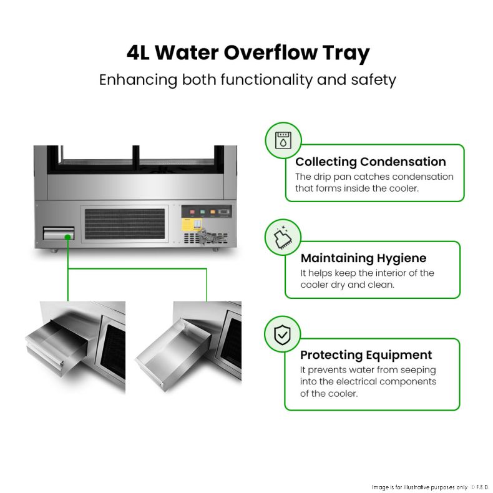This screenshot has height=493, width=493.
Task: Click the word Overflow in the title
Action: click(270, 52)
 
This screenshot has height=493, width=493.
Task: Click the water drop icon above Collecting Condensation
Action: click(283, 140)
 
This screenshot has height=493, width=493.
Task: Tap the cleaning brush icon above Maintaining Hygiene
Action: click(283, 237)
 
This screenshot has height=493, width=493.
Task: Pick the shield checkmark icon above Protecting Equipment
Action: click(282, 334)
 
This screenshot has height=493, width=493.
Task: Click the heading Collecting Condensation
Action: click(371, 162)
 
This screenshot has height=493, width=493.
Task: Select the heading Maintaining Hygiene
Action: click(363, 258)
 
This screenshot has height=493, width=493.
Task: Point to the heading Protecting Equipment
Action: click(366, 355)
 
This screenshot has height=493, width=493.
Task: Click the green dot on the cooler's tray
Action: click(67, 237)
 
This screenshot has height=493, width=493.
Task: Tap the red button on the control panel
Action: click(192, 212)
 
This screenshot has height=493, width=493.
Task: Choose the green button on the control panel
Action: click(202, 212)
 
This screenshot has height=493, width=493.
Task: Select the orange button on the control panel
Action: click(213, 212)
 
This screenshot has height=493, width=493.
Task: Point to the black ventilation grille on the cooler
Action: click(125, 224)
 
